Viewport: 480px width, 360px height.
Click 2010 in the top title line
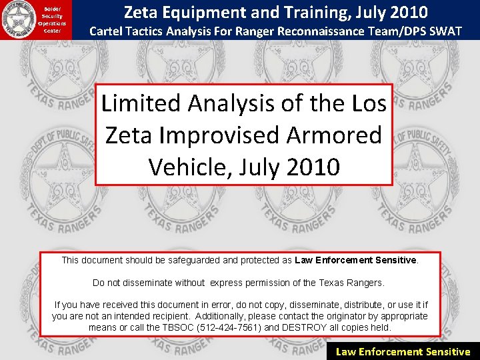click(x=404, y=11)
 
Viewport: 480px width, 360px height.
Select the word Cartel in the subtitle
click(x=109, y=31)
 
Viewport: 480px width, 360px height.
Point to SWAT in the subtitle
click(x=443, y=31)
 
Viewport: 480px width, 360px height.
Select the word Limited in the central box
click(x=141, y=103)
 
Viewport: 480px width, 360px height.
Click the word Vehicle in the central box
click(x=189, y=166)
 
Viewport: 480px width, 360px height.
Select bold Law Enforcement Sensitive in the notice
click(x=356, y=260)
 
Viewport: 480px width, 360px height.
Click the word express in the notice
click(x=227, y=283)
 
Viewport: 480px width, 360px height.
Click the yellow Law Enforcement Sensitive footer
click(x=403, y=351)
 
